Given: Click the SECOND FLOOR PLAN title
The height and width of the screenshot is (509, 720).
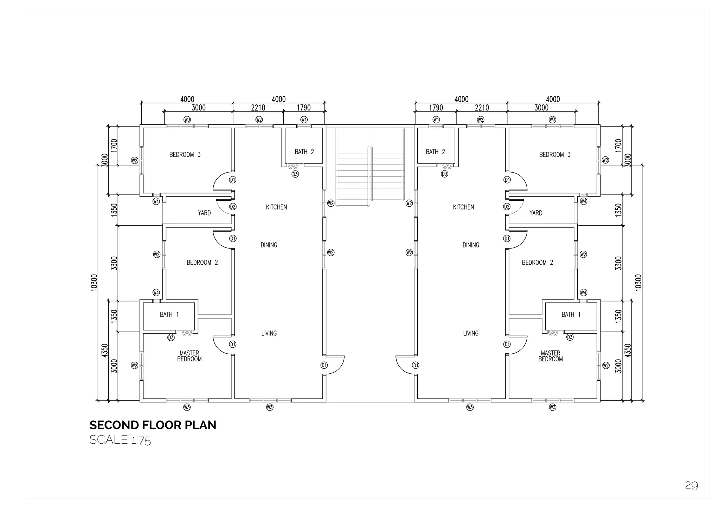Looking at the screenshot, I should click(153, 425).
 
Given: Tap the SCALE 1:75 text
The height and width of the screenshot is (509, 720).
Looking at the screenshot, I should click(120, 440).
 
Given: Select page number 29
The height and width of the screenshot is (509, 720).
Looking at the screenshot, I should click(691, 485).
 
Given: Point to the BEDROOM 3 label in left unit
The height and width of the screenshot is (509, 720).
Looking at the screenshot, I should click(185, 155).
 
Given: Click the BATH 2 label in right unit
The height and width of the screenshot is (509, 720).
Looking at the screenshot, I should click(435, 152).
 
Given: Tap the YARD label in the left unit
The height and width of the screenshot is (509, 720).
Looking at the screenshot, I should click(204, 213).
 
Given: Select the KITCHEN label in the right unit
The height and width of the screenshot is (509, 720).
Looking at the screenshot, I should click(463, 207).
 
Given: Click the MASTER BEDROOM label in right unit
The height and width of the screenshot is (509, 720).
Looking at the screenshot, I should click(551, 356).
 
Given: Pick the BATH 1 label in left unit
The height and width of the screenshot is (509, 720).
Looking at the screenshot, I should click(169, 315).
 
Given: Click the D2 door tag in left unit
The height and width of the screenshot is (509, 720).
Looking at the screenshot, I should click(233, 207).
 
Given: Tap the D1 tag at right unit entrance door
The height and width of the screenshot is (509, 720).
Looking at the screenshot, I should click(416, 365).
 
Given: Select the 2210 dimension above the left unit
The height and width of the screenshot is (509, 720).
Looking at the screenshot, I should click(258, 108).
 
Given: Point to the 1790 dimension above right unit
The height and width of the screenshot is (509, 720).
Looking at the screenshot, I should click(436, 108).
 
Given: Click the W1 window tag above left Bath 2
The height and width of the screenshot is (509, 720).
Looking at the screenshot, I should click(304, 120).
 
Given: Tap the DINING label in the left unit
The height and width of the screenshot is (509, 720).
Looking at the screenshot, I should click(269, 245).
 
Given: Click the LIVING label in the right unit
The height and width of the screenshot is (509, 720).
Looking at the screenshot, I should click(471, 333).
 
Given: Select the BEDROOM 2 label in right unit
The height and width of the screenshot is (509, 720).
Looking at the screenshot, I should click(537, 263).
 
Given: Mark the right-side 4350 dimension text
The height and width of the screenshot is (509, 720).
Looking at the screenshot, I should click(629, 350).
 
